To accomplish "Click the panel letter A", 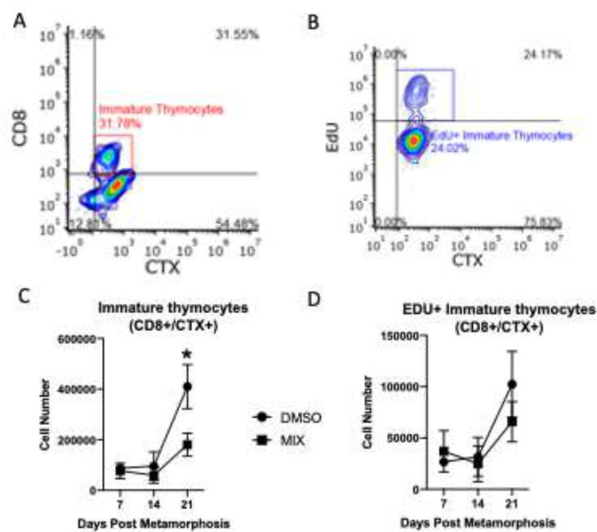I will point(19,17).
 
